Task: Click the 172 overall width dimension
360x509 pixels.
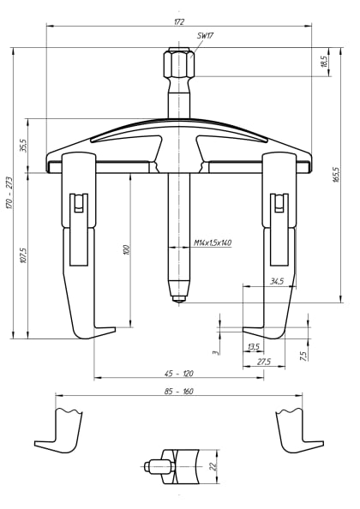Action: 178,21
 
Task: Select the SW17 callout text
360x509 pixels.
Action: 206,36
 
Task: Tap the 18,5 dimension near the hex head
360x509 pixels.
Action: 323,63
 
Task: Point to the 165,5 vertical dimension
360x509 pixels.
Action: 336,174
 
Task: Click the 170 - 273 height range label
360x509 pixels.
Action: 9,195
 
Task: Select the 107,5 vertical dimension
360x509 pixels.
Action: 24,256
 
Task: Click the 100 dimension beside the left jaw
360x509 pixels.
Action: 126,249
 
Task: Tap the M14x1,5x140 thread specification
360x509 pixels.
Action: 213,243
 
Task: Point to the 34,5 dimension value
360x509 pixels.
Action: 276,281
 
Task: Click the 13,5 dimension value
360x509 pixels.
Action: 253,347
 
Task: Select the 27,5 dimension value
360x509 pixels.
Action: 264,362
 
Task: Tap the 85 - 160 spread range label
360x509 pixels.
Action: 178,391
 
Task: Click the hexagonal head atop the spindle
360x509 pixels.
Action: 178,65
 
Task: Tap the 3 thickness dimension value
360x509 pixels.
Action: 216,350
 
